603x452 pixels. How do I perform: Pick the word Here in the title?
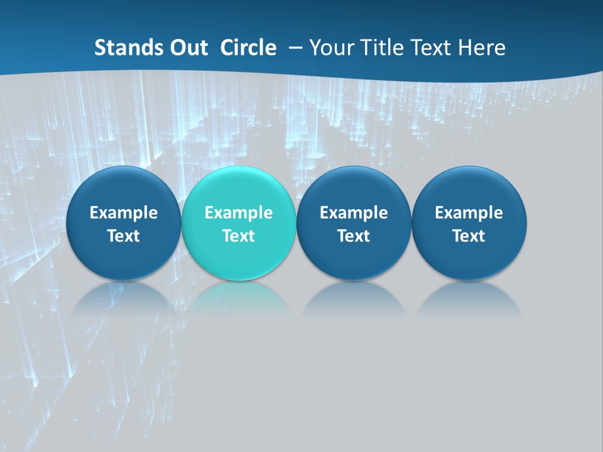(482, 48)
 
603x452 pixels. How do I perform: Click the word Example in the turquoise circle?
(238, 213)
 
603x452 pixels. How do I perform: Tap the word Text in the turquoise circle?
(238, 236)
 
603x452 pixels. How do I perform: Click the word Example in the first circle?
(123, 213)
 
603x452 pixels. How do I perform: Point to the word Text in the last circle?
(469, 236)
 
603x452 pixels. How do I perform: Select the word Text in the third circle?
(354, 236)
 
